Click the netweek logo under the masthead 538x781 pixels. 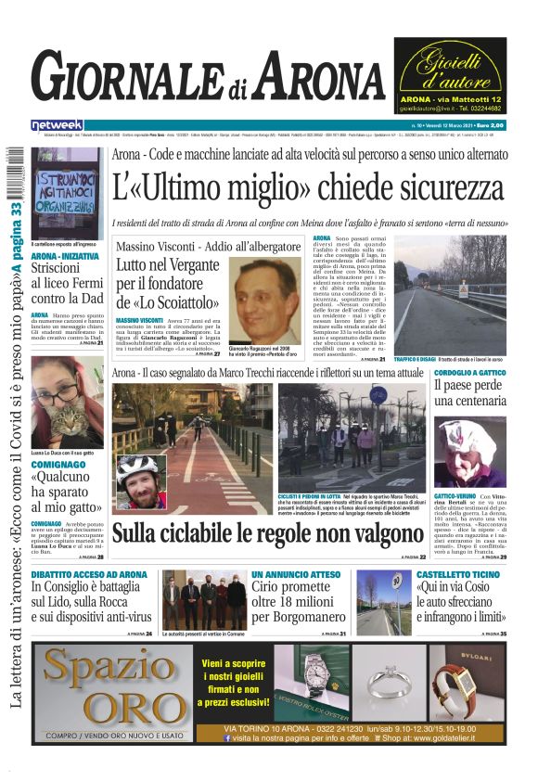tap(57, 125)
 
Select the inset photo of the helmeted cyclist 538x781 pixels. tap(140, 480)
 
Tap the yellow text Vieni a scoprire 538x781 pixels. tap(238, 663)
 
